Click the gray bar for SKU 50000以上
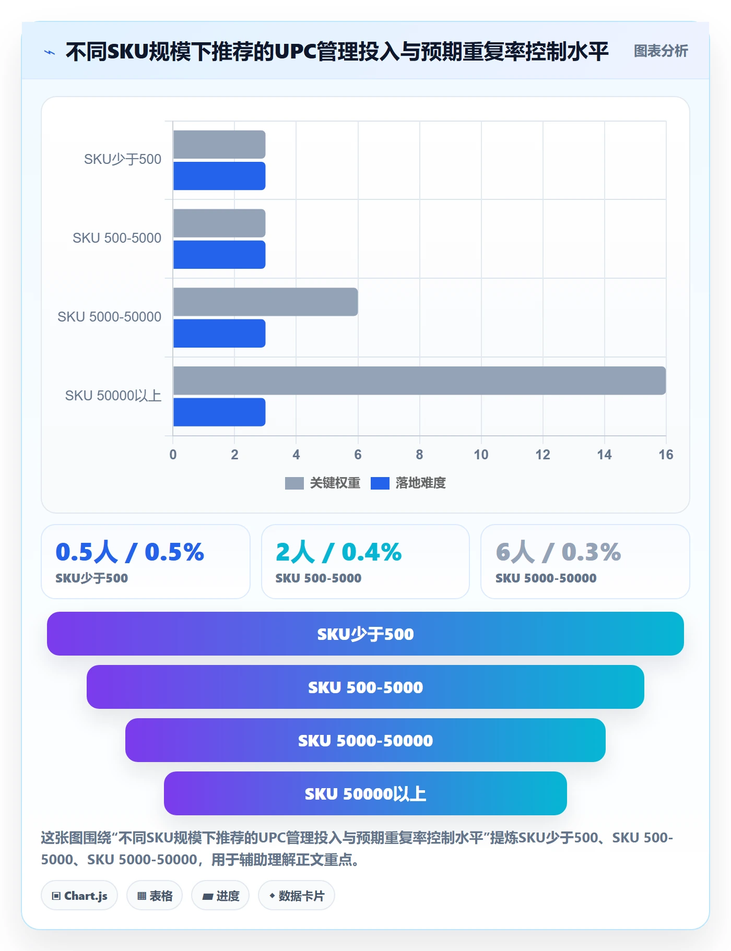tap(419, 381)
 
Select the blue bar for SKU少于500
tap(219, 176)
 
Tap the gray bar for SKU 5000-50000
tap(265, 302)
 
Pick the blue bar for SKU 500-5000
tap(219, 255)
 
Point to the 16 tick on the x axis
tap(666, 455)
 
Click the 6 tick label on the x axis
tap(358, 455)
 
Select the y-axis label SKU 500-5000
tap(117, 238)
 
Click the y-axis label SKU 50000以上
tap(113, 396)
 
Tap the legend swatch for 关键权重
tap(294, 483)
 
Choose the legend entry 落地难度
tap(408, 483)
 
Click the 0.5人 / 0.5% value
tap(129, 552)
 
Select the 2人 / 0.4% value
tap(338, 552)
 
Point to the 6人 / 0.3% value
tap(558, 552)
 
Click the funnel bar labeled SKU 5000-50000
tap(365, 740)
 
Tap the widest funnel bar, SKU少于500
tap(365, 634)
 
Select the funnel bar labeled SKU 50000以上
tap(365, 793)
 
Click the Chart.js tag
tap(79, 896)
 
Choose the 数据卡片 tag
tap(297, 896)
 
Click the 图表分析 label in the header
tap(661, 51)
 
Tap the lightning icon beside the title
tap(50, 52)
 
